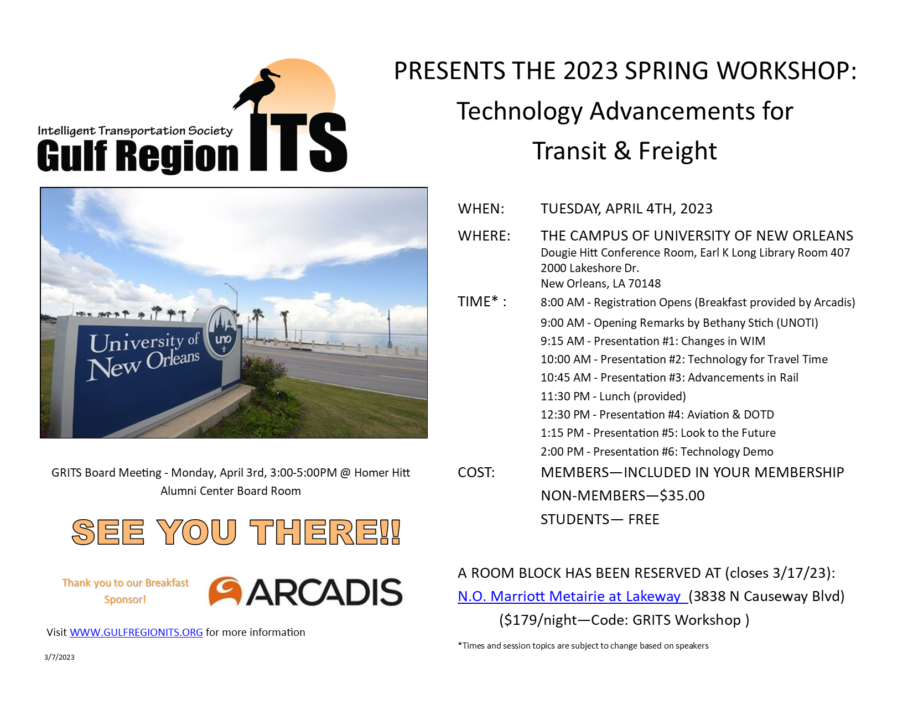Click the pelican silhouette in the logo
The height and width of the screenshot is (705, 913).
pos(256,90)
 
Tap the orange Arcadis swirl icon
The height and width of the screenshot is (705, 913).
pos(225,591)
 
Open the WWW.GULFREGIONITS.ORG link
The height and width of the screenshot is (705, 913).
pos(136,633)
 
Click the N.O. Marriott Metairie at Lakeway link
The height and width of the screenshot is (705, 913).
pos(572,596)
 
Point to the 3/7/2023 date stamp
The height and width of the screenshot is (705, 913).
pos(59,657)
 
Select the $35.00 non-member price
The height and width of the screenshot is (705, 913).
pos(682,495)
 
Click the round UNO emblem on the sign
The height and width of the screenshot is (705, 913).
pos(222,332)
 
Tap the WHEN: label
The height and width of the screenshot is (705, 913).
pos(481,208)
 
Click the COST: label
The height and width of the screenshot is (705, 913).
pos(476,473)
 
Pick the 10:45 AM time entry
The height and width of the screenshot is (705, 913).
pos(566,378)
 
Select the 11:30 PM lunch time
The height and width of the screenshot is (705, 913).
pos(565,396)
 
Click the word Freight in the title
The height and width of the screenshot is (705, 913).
pos(677,151)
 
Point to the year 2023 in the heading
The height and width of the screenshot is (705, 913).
pos(590,71)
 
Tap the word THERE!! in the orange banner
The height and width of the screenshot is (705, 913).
pos(325,532)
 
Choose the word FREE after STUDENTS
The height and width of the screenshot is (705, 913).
pos(644,519)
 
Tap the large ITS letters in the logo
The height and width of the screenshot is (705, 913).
pos(298,142)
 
